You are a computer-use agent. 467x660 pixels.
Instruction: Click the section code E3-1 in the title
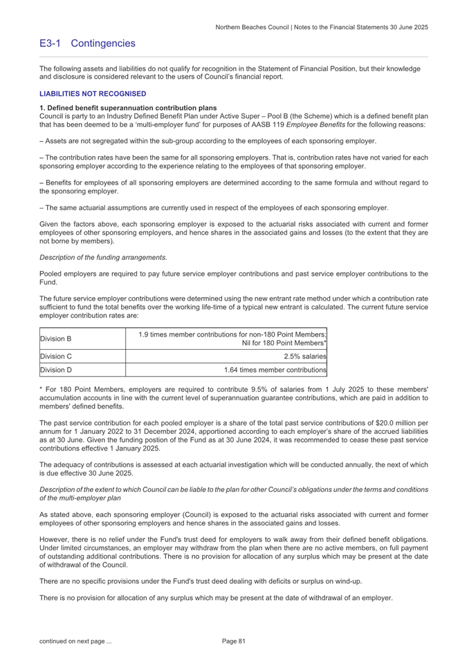pyautogui.click(x=51, y=44)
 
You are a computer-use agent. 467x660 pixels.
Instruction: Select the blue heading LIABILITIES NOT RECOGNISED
pyautogui.click(x=93, y=93)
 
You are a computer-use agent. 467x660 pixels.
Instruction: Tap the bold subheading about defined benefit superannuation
pyautogui.click(x=128, y=108)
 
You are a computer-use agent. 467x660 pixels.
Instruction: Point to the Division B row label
pyautogui.click(x=56, y=321)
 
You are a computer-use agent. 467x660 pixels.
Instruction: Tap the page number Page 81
pyautogui.click(x=234, y=642)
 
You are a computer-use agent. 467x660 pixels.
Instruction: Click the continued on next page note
pyautogui.click(x=75, y=642)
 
